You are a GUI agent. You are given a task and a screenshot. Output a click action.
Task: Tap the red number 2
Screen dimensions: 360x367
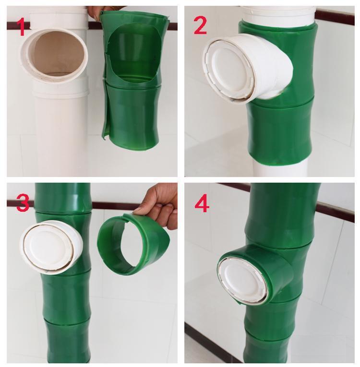pos(200,26)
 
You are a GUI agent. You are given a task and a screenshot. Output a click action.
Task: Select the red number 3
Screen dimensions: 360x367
pos(23,202)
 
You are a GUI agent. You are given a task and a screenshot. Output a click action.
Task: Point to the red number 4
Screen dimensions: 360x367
pos(202,204)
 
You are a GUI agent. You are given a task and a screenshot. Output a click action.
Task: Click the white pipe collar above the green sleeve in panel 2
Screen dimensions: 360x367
pos(279,15)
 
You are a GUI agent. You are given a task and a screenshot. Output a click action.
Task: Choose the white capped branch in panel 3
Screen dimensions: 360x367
pos(51,248)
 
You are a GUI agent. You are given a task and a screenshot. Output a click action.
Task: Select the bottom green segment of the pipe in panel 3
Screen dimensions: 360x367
pos(67,342)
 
